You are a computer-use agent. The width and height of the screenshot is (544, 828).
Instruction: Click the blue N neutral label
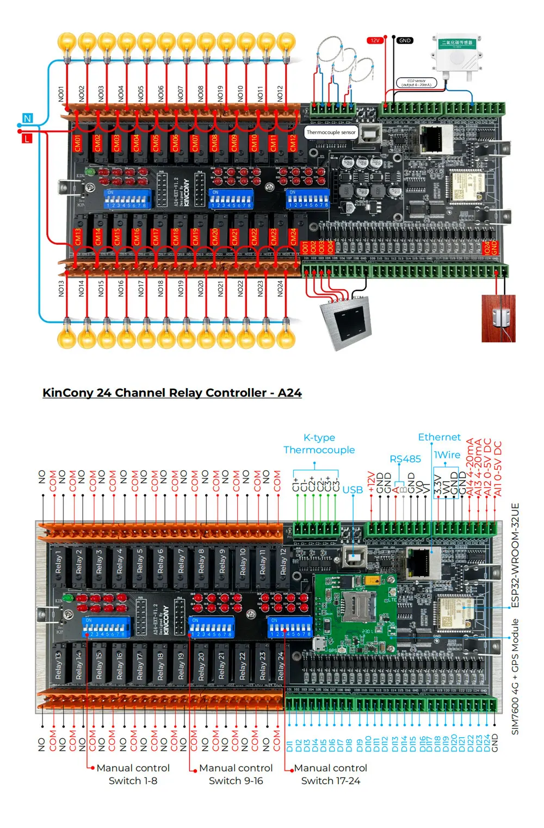point(27,118)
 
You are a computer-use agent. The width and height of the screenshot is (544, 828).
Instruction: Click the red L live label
point(27,138)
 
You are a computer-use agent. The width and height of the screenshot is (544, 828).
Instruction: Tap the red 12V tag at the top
point(375,40)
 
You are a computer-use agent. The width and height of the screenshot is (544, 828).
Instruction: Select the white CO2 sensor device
point(457,54)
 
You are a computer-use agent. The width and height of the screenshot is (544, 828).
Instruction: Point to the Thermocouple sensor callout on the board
point(331,132)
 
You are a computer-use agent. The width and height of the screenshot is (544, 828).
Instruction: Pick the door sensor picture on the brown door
point(498,319)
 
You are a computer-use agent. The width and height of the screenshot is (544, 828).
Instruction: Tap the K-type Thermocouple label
point(319,444)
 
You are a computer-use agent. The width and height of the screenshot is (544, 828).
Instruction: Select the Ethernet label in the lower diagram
point(439,437)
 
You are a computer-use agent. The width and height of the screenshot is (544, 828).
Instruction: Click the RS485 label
point(405,459)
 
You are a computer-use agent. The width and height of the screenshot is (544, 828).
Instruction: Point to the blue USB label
point(353,490)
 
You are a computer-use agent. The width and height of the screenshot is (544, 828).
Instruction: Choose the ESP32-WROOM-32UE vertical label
point(515,555)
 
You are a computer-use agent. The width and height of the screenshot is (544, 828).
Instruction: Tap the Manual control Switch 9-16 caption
point(236,774)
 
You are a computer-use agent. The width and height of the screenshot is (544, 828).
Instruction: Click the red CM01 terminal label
point(77,144)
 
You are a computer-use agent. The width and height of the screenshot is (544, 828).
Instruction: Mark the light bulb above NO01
point(67,43)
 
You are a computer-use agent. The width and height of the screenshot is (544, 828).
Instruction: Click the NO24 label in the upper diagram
point(280,289)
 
